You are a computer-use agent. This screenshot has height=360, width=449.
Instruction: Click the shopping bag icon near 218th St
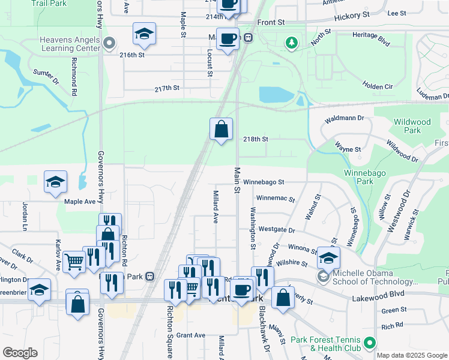click(x=221, y=129)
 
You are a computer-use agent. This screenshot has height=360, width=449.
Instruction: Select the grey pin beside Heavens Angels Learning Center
click(x=109, y=43)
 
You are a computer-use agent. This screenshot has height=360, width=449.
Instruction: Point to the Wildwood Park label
click(x=412, y=126)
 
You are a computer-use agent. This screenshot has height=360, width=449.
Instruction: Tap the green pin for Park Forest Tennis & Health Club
click(x=370, y=343)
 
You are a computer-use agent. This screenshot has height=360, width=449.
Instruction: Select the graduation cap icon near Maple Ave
click(x=55, y=182)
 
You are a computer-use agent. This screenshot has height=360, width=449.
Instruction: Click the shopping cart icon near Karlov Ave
click(x=74, y=262)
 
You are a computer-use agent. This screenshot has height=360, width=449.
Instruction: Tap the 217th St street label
click(x=167, y=88)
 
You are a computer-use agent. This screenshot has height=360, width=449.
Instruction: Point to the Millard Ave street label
click(x=215, y=206)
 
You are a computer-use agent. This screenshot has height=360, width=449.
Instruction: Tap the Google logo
click(x=20, y=353)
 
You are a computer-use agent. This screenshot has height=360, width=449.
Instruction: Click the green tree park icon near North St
click(x=292, y=43)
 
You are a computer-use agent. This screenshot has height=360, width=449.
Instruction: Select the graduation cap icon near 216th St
click(x=144, y=34)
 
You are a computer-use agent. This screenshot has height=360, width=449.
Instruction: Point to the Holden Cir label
click(x=378, y=87)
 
